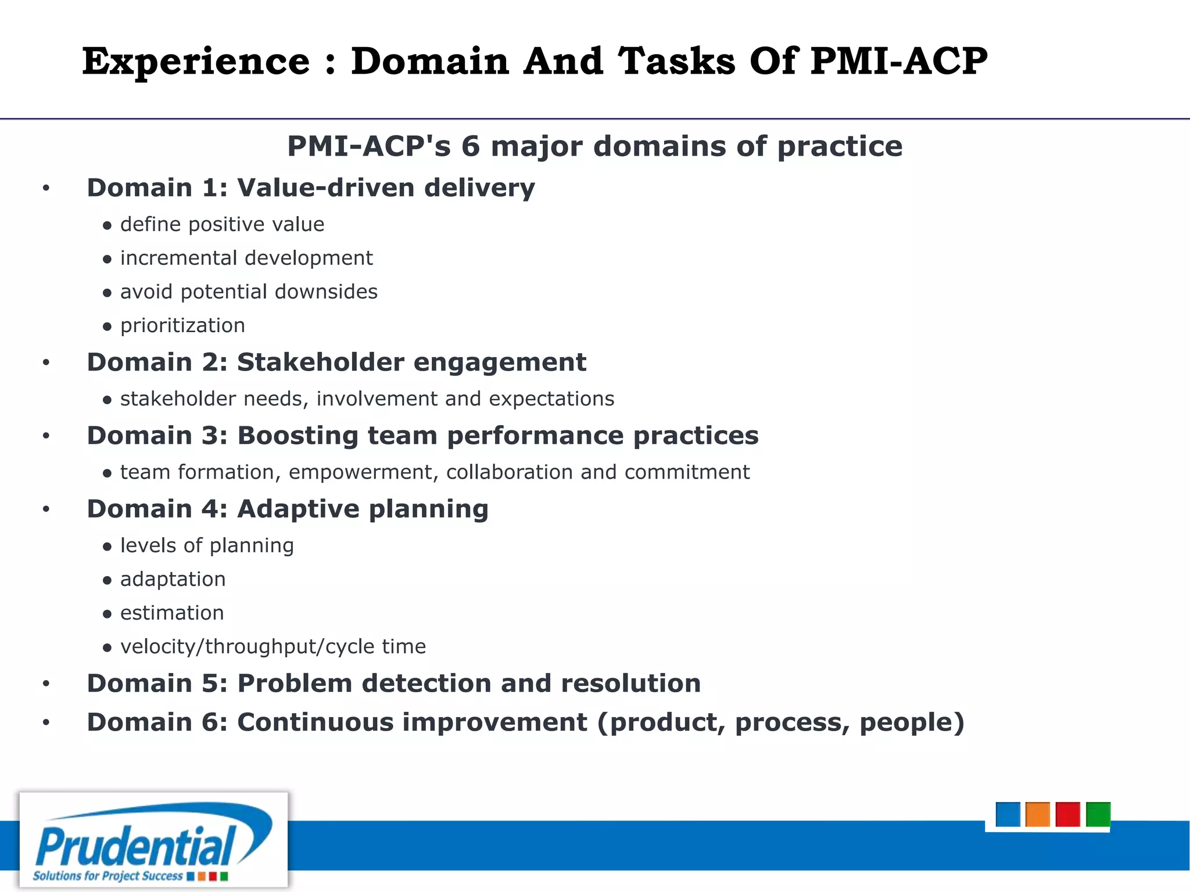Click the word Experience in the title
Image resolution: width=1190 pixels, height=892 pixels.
(196, 62)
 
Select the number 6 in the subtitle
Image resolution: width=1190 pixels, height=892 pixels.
(470, 146)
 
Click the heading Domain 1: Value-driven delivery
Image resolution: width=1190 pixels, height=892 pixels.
(311, 188)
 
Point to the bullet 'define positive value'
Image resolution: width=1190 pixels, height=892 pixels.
(222, 224)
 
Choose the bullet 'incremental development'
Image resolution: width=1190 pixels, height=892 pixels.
(246, 258)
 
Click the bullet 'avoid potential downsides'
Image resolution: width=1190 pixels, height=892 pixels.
(249, 292)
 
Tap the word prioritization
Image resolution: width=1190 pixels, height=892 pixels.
(182, 325)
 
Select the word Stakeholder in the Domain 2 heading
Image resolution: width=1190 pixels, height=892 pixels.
(320, 362)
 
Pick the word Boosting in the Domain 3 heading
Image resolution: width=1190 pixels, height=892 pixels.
(297, 436)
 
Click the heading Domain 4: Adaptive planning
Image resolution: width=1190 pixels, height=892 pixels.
(288, 509)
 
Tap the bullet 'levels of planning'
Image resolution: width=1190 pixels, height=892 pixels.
(207, 545)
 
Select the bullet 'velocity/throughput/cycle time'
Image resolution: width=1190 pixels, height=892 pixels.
(273, 646)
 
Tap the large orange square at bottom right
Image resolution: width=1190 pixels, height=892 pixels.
(1037, 814)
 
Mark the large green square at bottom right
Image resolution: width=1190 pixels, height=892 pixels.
(1098, 814)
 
